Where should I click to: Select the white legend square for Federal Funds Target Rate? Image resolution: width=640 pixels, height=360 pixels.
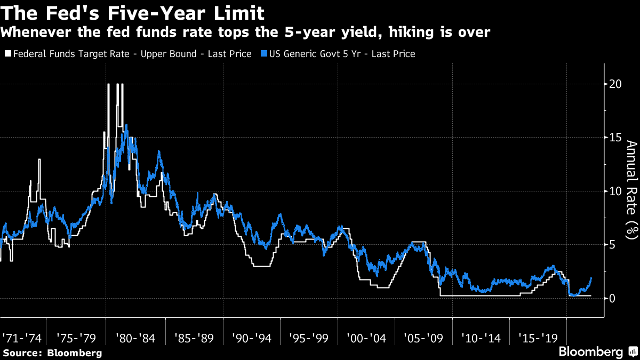(x=7, y=54)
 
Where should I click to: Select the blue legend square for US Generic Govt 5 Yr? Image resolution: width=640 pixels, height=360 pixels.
(x=264, y=54)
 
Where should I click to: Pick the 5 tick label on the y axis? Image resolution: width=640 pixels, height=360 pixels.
(x=613, y=244)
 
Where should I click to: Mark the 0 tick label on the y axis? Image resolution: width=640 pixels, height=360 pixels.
(x=613, y=298)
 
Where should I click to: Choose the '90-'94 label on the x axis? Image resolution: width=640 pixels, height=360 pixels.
(x=250, y=338)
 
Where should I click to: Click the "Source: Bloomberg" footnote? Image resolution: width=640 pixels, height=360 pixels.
(x=52, y=353)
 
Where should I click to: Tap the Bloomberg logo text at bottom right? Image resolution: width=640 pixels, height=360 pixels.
(x=590, y=352)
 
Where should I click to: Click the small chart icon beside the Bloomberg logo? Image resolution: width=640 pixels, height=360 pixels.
(x=633, y=351)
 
